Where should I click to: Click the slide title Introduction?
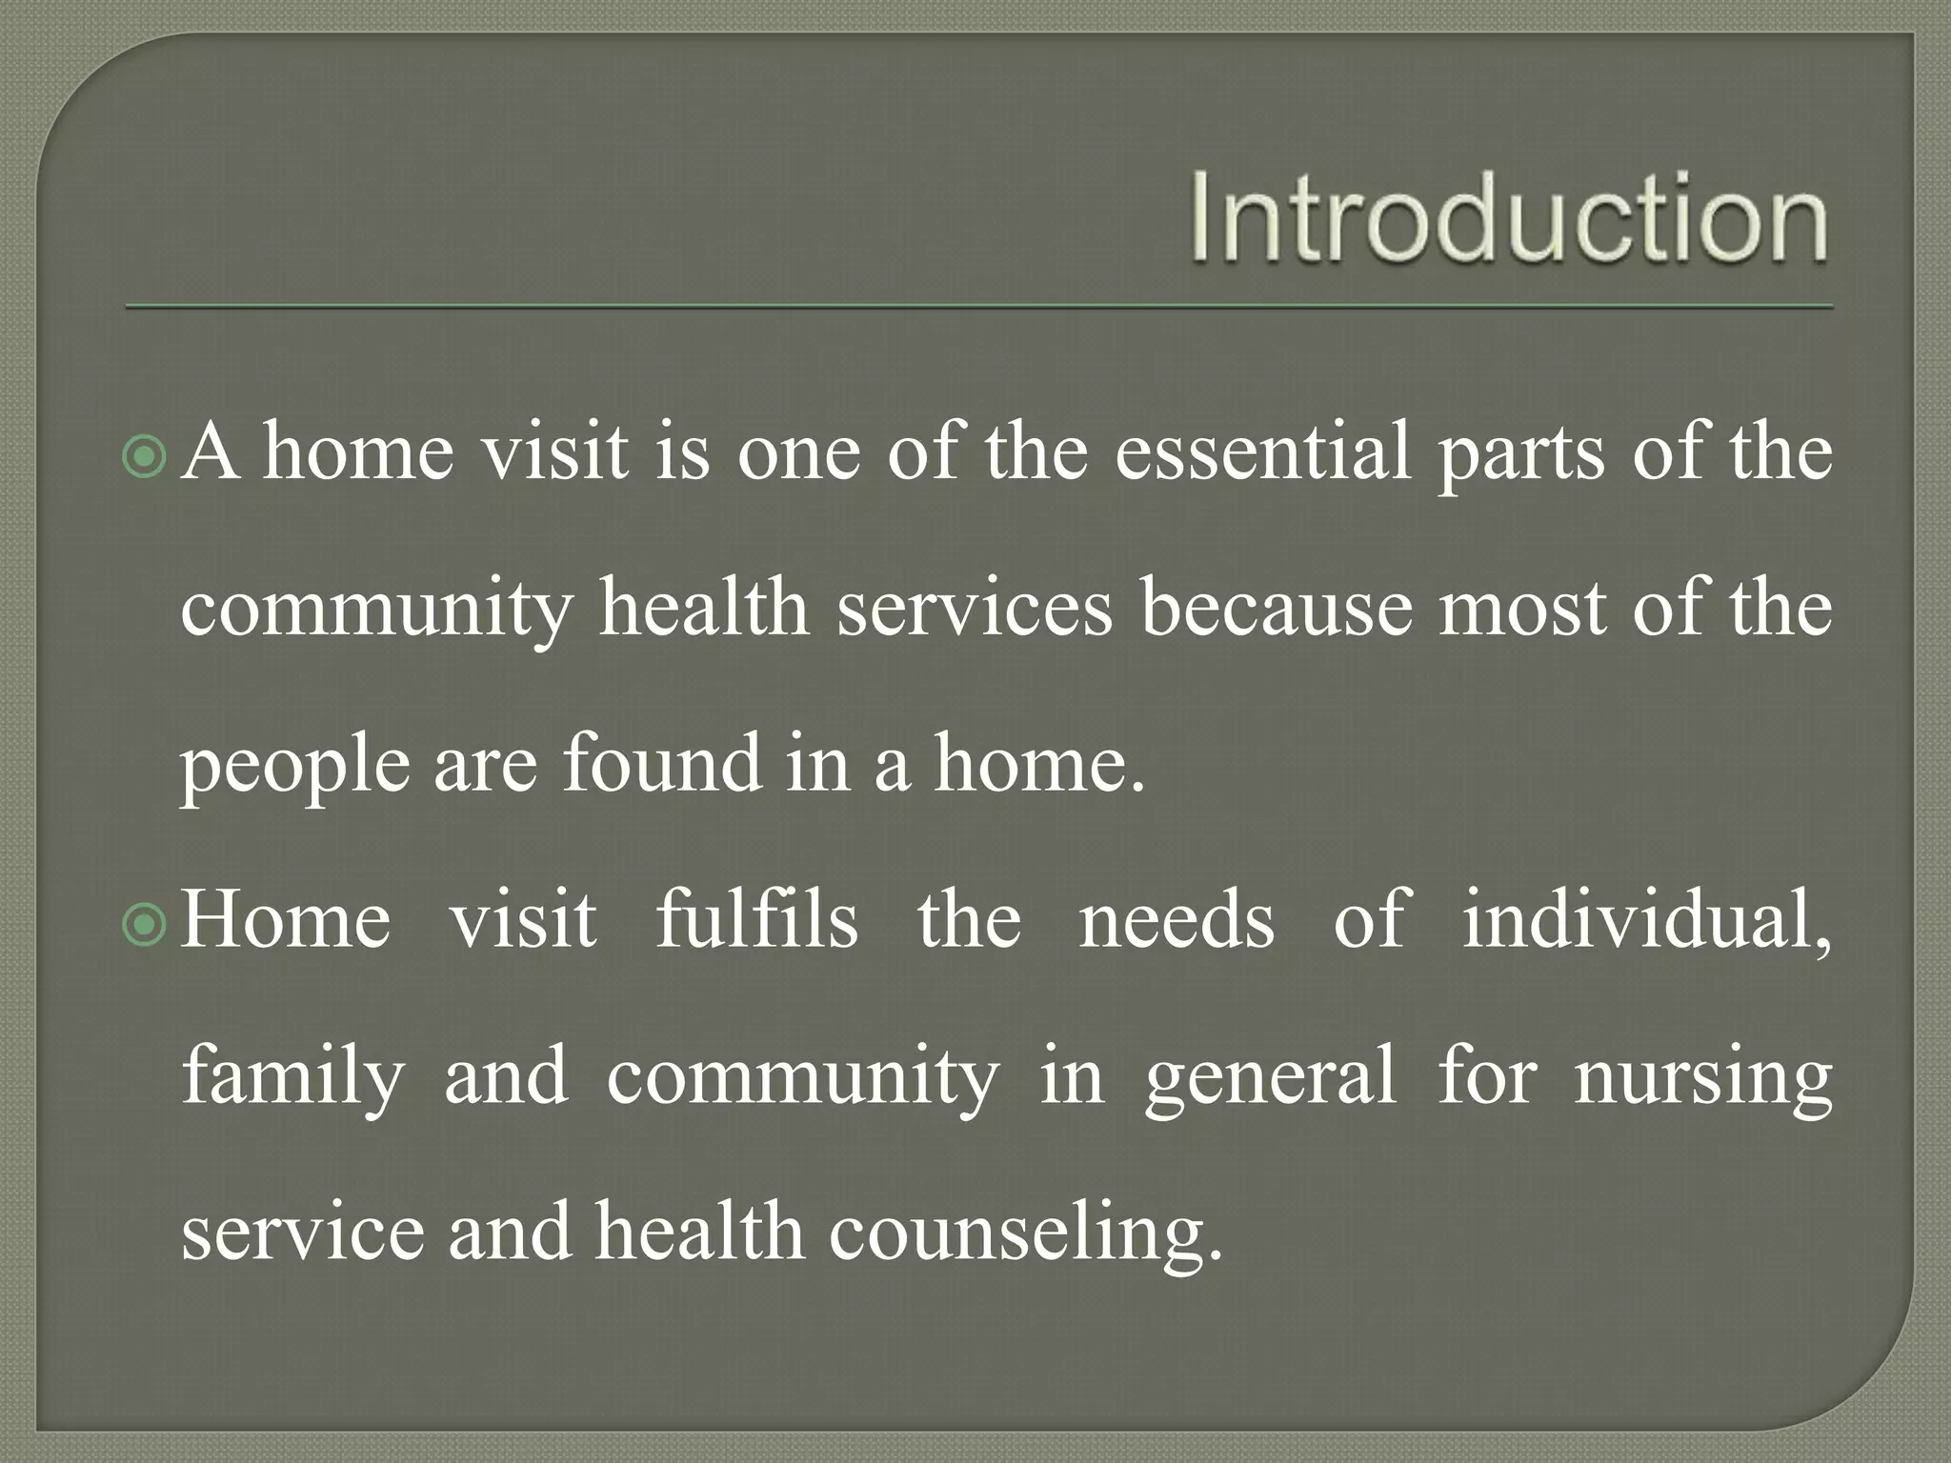point(1509,217)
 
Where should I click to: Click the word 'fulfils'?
point(756,920)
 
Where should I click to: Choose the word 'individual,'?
point(1646,920)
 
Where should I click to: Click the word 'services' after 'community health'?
point(975,610)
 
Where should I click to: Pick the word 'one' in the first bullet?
point(798,453)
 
